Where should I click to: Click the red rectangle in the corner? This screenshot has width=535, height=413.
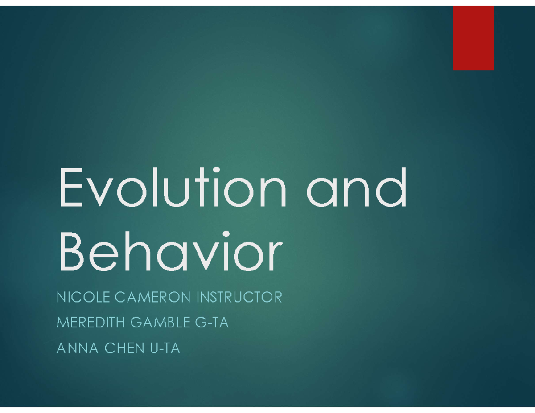click(x=473, y=38)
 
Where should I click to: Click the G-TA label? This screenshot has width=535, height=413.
click(x=212, y=323)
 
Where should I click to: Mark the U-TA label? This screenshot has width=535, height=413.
click(x=165, y=348)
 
